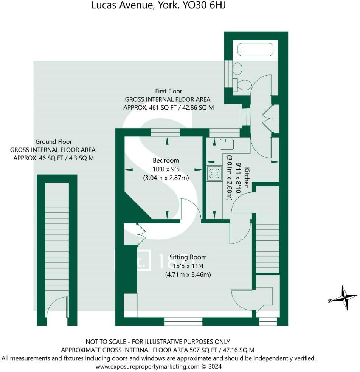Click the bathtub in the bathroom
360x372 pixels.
255,50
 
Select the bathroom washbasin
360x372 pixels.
237,69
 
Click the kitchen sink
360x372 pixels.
227,144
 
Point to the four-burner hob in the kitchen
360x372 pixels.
214,173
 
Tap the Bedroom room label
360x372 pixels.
166,160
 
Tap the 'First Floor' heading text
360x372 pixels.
168,91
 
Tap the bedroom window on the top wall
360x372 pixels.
165,132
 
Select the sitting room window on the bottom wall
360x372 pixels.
183,321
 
